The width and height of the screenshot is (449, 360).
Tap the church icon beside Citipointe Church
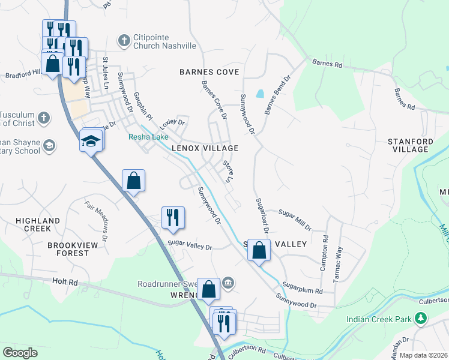tap(124, 41)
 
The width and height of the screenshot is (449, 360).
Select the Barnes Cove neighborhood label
tap(209, 72)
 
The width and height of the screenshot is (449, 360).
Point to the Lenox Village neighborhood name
tap(205, 148)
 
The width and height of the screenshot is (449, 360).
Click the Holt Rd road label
tap(65, 281)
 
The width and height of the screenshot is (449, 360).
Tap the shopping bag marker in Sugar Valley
tap(259, 250)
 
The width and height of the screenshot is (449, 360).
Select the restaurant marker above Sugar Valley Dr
tap(173, 218)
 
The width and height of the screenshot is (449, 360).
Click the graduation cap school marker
tap(91, 141)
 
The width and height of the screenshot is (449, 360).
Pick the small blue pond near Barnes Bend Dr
tap(259, 94)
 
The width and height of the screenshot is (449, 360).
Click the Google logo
tap(20, 353)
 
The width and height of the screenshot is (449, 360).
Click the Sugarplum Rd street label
tap(303, 290)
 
